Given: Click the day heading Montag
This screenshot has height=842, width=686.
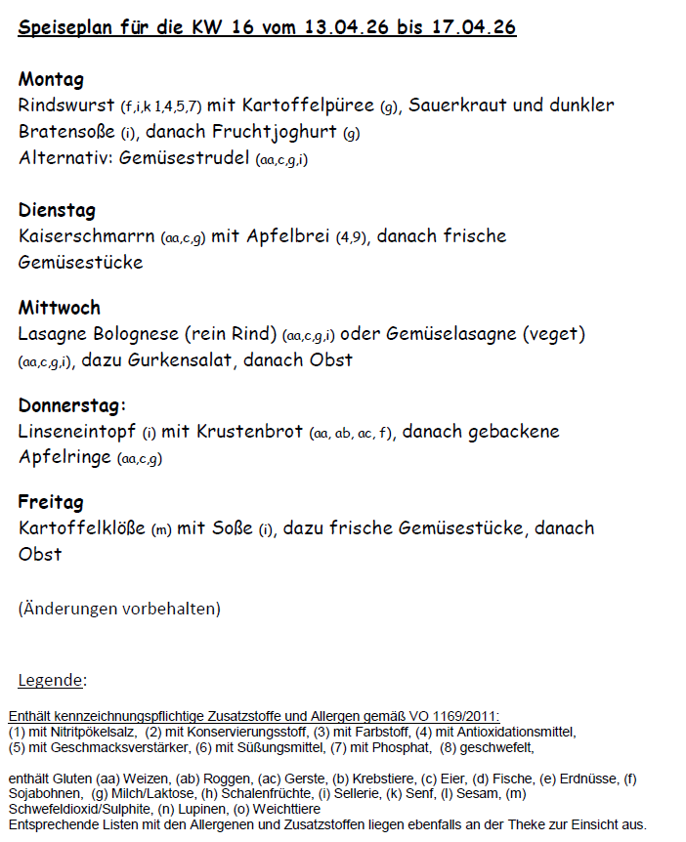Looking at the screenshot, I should (x=51, y=79).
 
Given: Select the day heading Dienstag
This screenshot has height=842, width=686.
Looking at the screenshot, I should (x=57, y=210).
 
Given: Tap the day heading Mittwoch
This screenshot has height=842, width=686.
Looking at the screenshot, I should (x=59, y=308).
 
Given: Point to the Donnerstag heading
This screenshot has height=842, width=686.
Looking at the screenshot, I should (x=71, y=404).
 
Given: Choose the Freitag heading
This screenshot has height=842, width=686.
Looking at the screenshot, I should (x=51, y=502).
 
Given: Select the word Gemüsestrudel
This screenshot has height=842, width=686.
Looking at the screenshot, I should (x=185, y=158).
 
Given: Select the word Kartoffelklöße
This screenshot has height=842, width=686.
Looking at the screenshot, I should (x=82, y=529).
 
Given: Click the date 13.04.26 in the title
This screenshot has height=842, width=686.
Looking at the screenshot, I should (x=343, y=27).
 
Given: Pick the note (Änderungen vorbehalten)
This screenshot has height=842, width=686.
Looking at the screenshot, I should (x=119, y=609).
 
